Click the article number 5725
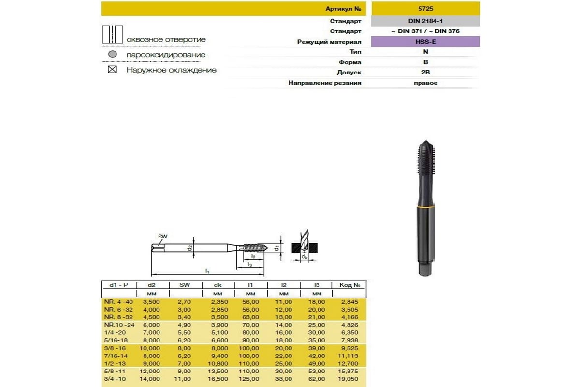tap(425, 9)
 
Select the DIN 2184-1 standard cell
tap(425, 21)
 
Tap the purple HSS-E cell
tap(425, 42)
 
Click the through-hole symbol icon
tap(113, 35)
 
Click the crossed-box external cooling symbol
tap(113, 70)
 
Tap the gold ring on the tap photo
tap(425, 208)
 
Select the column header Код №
tap(349, 285)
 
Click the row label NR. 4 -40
tap(118, 301)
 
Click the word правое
tap(425, 83)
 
